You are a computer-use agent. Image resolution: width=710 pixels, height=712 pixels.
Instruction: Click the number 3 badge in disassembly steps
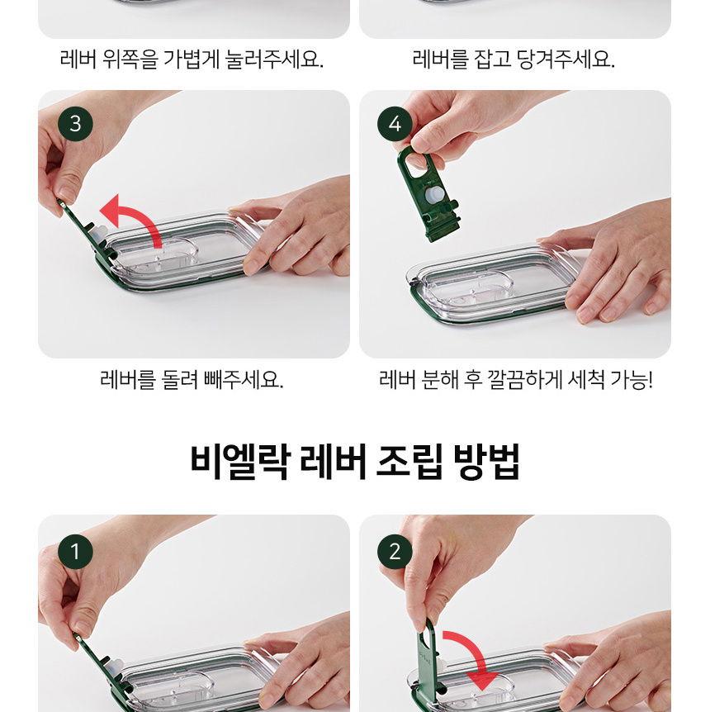point(76,125)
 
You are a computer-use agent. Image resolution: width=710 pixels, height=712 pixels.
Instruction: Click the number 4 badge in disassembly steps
point(395,125)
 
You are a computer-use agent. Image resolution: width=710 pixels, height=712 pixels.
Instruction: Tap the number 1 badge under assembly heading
point(76,551)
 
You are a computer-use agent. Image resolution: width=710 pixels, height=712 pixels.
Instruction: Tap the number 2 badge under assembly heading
point(395,551)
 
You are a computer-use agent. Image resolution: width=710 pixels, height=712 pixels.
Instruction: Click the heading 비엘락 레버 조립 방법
point(355,462)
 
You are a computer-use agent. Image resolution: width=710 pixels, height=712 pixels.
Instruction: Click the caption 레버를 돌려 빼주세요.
point(192,381)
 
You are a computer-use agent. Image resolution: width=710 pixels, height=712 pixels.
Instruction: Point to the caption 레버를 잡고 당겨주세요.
point(514,60)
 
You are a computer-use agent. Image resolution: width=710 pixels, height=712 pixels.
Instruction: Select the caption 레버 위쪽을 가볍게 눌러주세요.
point(192,60)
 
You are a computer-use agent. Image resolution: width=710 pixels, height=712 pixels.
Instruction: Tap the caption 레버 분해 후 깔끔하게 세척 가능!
point(515,381)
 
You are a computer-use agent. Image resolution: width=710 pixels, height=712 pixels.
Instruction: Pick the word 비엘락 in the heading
point(239,462)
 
